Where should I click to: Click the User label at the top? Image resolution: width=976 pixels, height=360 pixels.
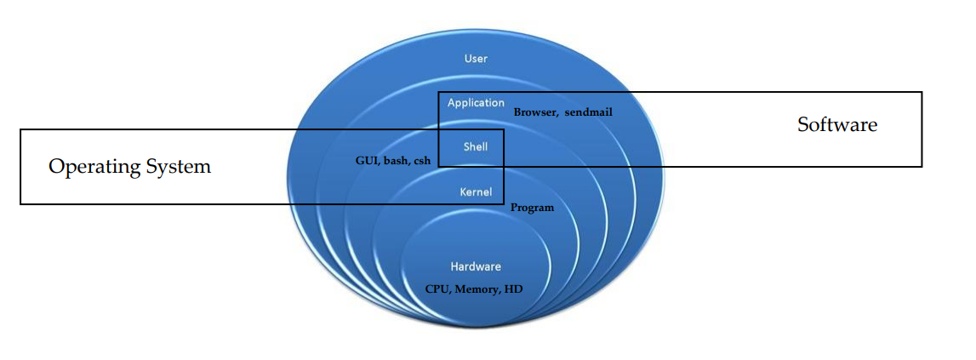coord(476,59)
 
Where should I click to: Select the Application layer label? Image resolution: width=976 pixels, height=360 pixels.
coord(476,103)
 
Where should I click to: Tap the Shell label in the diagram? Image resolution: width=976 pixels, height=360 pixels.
coord(475,146)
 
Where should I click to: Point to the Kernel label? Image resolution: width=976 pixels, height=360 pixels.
coord(476,191)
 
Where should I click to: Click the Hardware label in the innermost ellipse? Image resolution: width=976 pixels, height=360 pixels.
coord(476,266)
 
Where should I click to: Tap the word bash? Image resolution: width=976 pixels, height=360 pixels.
coord(396,160)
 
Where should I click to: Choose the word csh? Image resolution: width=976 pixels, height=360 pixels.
coord(422,160)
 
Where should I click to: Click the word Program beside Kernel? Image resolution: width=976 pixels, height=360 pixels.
coord(532,208)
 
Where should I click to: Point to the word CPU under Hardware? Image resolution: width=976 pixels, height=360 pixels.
coord(437,289)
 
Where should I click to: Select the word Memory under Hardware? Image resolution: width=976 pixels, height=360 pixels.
coord(477,289)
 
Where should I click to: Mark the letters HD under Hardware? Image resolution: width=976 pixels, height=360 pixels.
coord(514,289)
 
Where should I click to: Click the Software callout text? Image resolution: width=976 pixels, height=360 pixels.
coord(836,125)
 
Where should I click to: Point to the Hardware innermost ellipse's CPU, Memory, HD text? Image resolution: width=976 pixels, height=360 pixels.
coord(475,289)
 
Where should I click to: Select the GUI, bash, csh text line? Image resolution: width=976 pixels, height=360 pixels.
coord(393,160)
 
